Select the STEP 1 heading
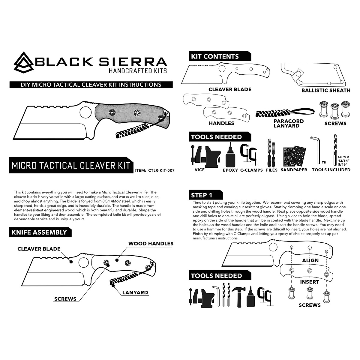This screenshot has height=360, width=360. (202, 195)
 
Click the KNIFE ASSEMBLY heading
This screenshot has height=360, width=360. (39, 232)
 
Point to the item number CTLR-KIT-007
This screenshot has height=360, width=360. (159, 170)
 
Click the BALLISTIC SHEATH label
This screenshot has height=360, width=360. (326, 90)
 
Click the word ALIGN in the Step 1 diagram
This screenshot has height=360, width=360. (310, 260)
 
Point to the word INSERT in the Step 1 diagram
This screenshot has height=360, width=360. (310, 282)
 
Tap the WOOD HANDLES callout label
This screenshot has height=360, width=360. (151, 244)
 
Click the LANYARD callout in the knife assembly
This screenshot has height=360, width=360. (135, 292)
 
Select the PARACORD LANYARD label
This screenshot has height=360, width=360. (289, 123)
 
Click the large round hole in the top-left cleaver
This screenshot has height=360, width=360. (85, 112)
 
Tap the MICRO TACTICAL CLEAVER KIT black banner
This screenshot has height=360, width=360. (71, 165)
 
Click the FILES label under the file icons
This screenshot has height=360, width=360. (272, 170)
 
